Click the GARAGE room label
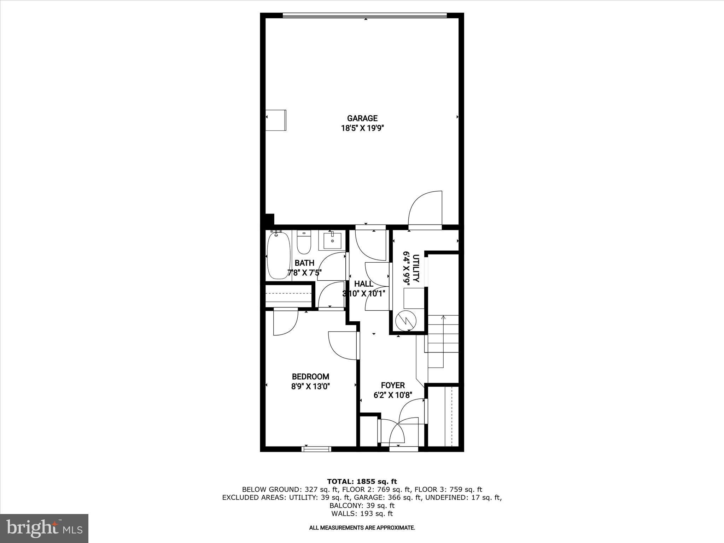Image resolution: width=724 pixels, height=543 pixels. [362, 118]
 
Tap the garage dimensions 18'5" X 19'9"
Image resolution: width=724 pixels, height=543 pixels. [362, 128]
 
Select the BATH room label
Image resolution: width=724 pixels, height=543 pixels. [304, 263]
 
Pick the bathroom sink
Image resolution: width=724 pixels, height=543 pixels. [332, 241]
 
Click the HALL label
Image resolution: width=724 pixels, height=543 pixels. [363, 284]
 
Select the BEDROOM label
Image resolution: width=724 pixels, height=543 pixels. [310, 377]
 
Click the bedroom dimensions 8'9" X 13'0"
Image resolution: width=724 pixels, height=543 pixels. [310, 386]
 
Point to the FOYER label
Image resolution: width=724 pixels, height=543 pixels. [393, 385]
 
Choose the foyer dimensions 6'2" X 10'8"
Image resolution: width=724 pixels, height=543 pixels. [393, 395]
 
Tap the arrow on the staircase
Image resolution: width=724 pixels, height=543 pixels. [443, 317]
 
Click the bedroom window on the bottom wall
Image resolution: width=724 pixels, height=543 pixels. [316, 449]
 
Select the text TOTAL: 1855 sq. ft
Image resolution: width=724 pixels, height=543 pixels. [362, 481]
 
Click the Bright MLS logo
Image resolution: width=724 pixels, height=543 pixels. [44, 528]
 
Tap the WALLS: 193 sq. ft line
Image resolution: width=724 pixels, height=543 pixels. [362, 514]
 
